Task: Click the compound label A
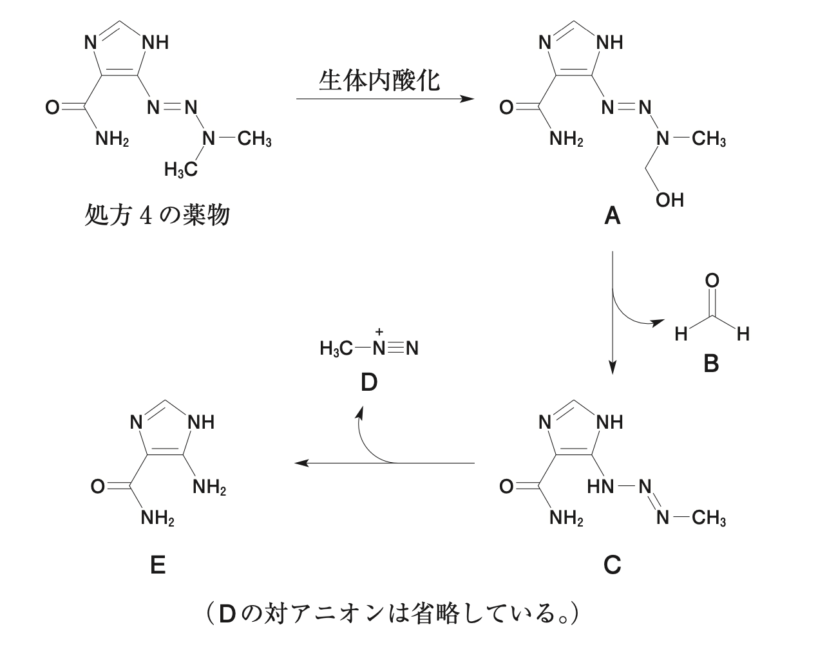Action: tap(612, 216)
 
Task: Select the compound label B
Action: tap(711, 364)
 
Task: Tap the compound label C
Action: tap(612, 565)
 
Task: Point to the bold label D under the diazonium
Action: tap(368, 383)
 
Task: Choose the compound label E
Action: tap(157, 565)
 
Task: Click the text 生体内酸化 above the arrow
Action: tap(379, 80)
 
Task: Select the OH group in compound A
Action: tap(669, 200)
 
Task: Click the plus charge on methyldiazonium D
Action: tap(379, 332)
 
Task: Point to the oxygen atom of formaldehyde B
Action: tap(712, 281)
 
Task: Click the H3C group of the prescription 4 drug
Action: tap(180, 170)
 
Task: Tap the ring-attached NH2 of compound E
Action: tap(209, 488)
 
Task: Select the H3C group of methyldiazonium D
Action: tap(336, 349)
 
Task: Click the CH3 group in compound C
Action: tap(708, 518)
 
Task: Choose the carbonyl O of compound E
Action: tap(97, 487)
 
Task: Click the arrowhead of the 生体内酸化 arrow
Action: tap(468, 99)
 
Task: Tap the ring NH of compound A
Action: tap(609, 43)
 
